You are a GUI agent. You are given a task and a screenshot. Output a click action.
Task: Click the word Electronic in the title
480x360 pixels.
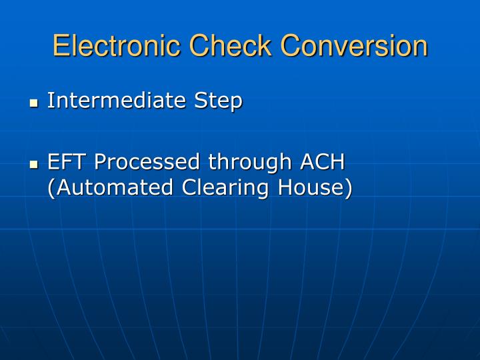(117, 46)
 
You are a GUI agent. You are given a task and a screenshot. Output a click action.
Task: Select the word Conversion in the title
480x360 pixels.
(354, 46)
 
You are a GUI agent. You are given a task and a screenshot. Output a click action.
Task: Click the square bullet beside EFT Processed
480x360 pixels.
(34, 164)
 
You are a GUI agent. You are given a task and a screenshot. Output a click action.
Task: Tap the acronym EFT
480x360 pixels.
(67, 161)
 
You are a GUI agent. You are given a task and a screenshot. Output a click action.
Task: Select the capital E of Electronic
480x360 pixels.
(61, 46)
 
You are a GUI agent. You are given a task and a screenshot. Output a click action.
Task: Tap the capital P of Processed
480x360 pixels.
(100, 161)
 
